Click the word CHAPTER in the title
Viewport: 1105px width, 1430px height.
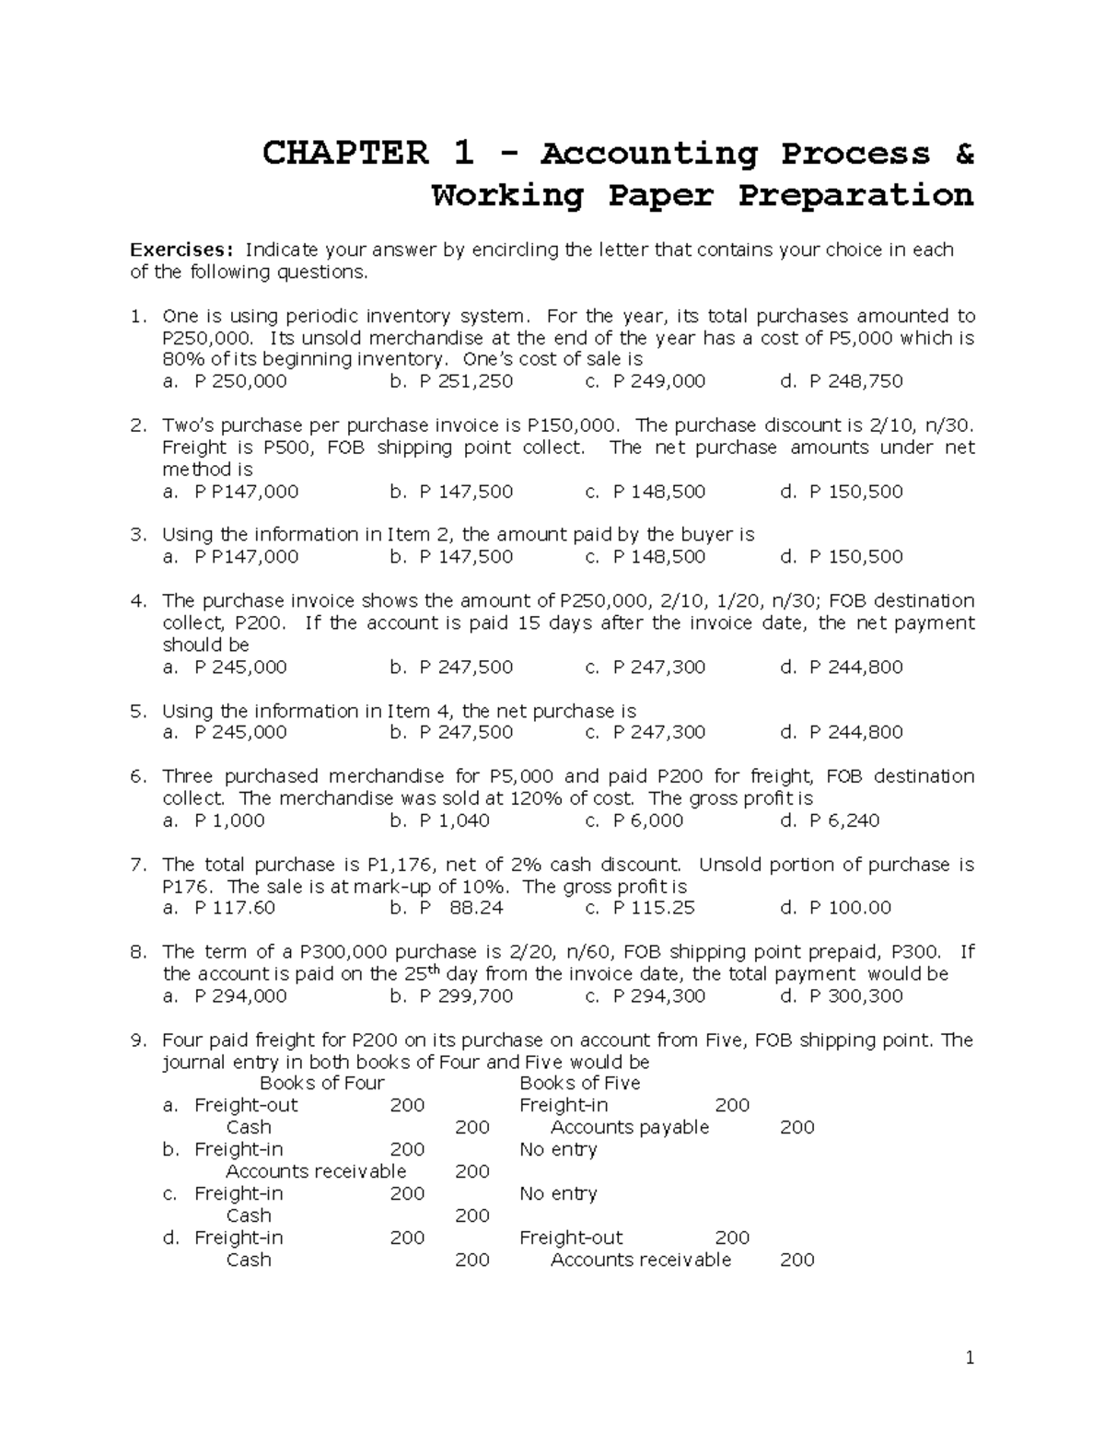[x=345, y=153]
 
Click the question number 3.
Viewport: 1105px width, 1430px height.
[x=138, y=535]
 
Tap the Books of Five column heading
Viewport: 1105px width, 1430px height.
[x=580, y=1084]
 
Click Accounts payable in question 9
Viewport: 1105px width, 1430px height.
[x=630, y=1128]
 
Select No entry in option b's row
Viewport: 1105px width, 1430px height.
[x=558, y=1150]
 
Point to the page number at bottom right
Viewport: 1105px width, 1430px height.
[x=970, y=1358]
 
